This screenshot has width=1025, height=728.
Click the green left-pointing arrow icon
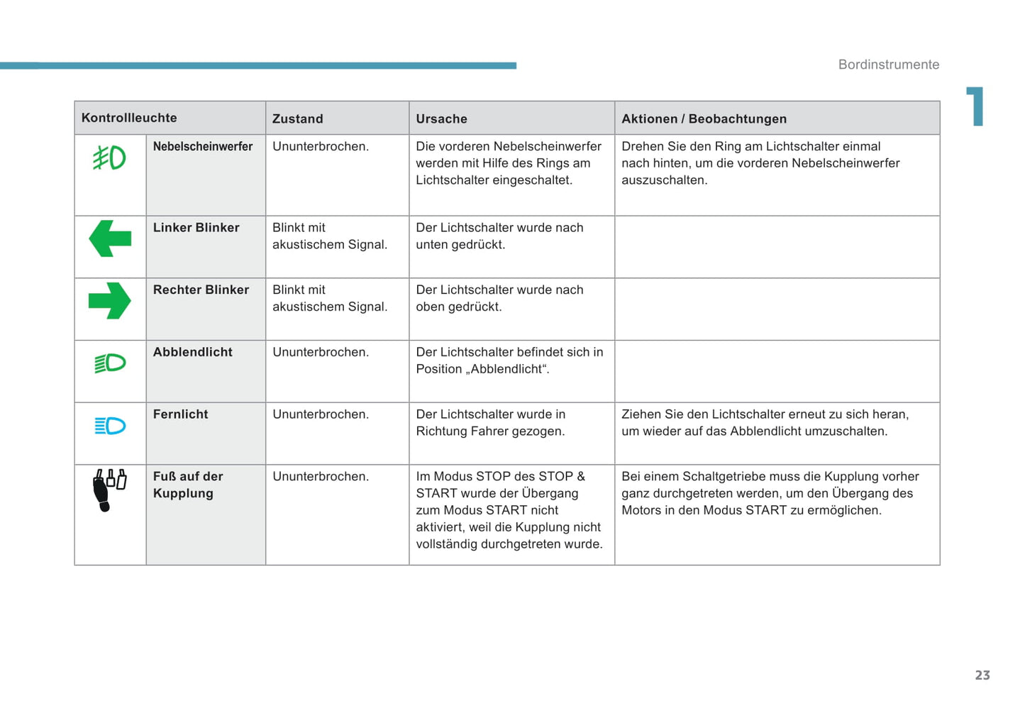coord(110,238)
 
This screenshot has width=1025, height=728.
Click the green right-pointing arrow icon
coord(110,301)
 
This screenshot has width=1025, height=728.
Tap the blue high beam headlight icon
coord(110,426)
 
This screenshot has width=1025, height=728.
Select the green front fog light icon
coord(109,158)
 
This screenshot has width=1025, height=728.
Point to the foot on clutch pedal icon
coord(109,489)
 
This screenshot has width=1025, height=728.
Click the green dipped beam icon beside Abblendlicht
coord(110,363)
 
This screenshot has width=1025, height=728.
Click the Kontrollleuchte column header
coord(129,118)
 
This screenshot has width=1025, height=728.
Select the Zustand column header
coord(298,118)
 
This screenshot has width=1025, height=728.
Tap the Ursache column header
coord(441,118)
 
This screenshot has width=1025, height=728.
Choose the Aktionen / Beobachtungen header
coord(704,118)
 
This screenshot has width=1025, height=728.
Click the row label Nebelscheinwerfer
coord(203,146)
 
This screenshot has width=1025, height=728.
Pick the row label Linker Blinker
coord(196,228)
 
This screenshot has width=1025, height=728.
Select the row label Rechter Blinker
coord(201,289)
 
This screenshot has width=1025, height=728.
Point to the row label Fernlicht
coord(181,414)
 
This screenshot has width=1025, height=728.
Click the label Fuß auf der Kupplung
coord(188,485)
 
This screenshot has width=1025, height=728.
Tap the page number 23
coord(982,675)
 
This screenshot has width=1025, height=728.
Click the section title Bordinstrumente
coord(889,65)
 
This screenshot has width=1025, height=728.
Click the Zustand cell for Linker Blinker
coord(330,236)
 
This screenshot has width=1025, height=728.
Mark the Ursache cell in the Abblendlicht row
coord(509,360)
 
